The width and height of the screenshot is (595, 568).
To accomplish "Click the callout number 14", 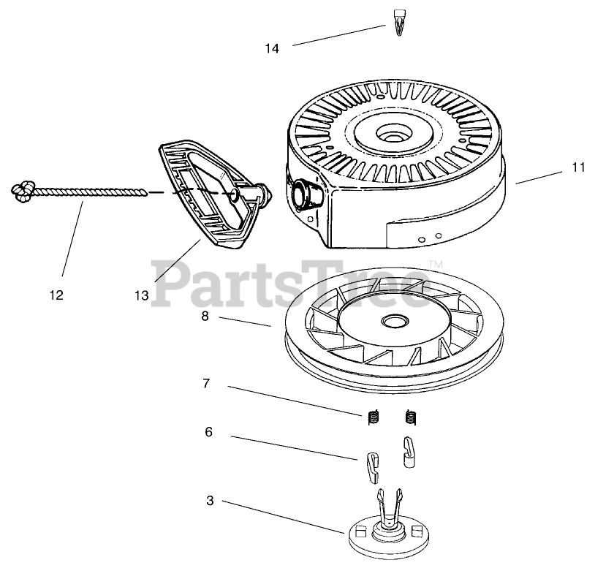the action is (272, 49).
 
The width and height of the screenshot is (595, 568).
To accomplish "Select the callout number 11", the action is (578, 167).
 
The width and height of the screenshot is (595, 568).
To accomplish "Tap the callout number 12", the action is (56, 295).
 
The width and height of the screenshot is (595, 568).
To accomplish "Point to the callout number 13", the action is (141, 295).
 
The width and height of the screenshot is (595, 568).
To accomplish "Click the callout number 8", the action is (205, 317).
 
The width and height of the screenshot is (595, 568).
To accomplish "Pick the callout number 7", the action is (206, 383).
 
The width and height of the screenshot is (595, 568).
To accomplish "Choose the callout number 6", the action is (208, 432).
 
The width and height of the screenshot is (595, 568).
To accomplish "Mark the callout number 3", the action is (210, 501).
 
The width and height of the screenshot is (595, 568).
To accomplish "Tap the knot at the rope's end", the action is (22, 192).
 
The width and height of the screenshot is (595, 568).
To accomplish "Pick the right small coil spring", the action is (411, 417).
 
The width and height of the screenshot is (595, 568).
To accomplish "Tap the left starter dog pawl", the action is (372, 465).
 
